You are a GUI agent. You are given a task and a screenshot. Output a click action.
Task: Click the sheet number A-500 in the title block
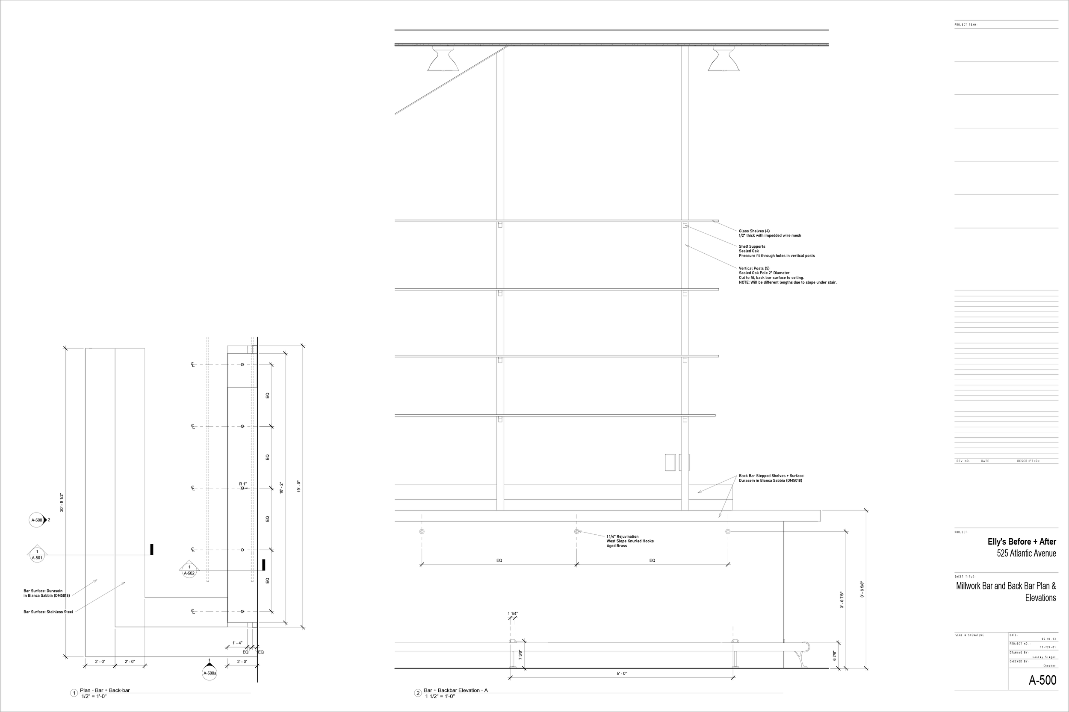1042,680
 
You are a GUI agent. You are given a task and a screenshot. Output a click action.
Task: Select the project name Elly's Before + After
1022,542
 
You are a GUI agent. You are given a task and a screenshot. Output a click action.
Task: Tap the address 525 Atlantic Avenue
1026,553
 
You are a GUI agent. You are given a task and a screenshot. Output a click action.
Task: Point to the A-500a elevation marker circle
209,673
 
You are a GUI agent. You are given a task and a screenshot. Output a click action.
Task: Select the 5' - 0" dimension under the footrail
621,674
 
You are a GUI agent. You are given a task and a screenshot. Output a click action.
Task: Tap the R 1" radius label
243,484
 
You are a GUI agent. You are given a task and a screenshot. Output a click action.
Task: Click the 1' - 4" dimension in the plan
237,643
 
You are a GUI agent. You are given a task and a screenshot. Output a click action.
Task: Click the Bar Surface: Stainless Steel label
48,612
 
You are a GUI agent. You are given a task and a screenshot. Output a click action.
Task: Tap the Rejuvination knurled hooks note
629,541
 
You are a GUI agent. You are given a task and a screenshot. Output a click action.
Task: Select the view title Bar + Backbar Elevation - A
455,690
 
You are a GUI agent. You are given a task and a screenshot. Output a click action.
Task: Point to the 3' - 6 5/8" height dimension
862,589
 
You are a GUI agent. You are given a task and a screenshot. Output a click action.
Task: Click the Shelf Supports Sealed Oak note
776,251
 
